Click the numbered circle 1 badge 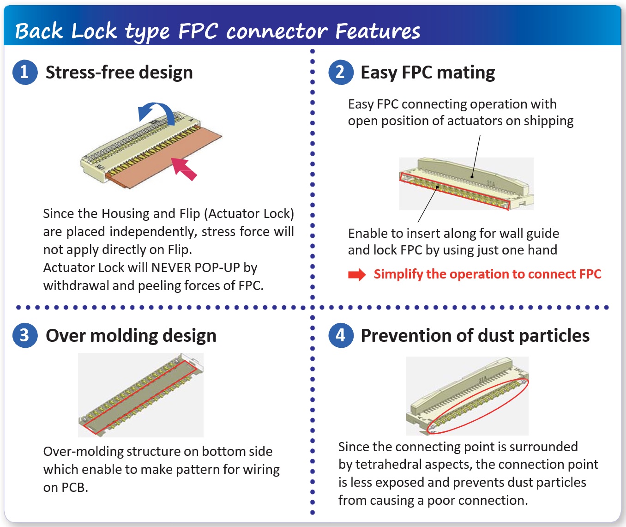tap(24, 72)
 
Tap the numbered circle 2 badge tap(340, 72)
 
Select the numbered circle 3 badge tap(24, 335)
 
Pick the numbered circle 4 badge tap(340, 335)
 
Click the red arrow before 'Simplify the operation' tap(356, 275)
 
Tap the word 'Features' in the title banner tap(377, 31)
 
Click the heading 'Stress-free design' tap(119, 73)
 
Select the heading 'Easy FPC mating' tap(427, 73)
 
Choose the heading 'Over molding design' tap(131, 335)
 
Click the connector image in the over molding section tap(141, 395)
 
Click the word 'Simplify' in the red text tap(398, 274)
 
